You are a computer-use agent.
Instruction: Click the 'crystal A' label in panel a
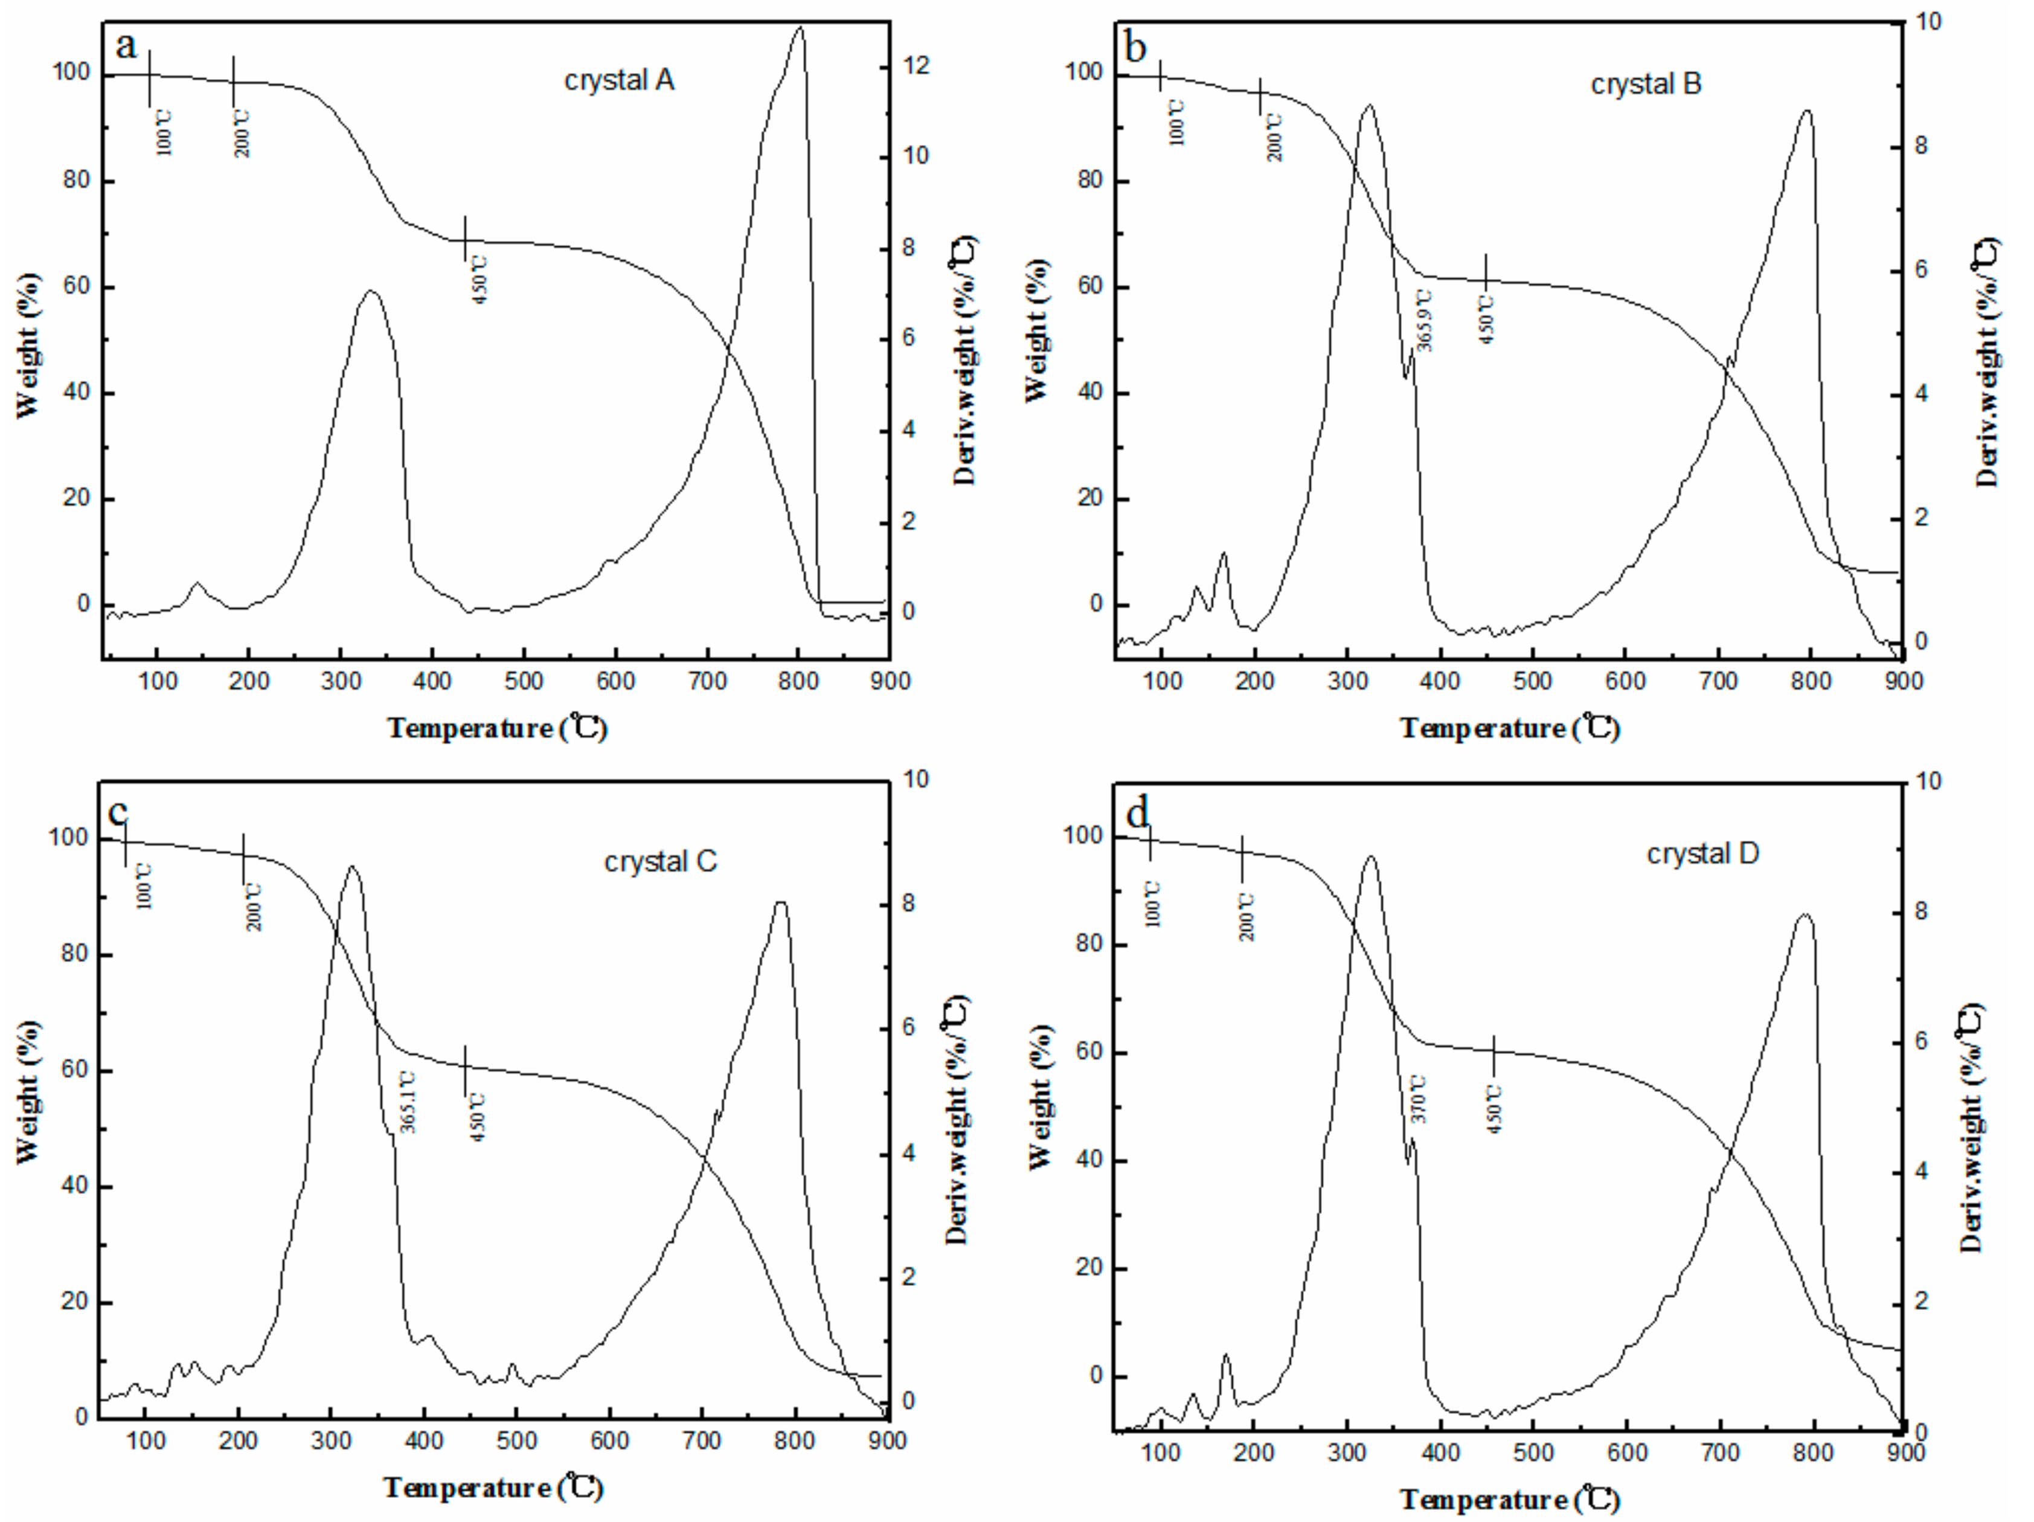point(619,81)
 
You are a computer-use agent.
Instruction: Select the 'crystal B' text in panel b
point(1645,85)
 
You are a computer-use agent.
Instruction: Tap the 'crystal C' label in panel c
point(659,862)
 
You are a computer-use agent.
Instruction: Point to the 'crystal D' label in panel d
point(1702,853)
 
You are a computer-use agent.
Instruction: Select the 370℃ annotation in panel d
point(1419,1098)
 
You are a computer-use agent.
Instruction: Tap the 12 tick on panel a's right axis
point(917,65)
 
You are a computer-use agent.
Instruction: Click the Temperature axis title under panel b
point(1509,728)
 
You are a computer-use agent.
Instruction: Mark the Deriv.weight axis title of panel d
point(1971,1128)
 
